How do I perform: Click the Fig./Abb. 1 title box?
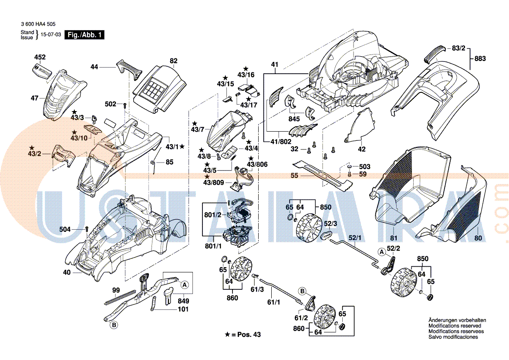(x=84, y=35)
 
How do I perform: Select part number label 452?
(x=40, y=58)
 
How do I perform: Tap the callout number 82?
(x=174, y=61)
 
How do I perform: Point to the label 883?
(x=480, y=58)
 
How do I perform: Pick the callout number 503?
(x=364, y=167)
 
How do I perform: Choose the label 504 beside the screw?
(x=65, y=229)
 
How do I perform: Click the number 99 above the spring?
(x=115, y=290)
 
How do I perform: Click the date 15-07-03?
(x=51, y=35)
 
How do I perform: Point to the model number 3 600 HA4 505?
(x=38, y=24)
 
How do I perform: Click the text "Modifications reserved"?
(x=455, y=326)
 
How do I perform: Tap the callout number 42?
(x=362, y=149)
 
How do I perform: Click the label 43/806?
(x=257, y=164)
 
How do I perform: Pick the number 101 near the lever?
(x=182, y=309)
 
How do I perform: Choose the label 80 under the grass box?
(x=478, y=238)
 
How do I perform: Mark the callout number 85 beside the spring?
(x=169, y=162)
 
